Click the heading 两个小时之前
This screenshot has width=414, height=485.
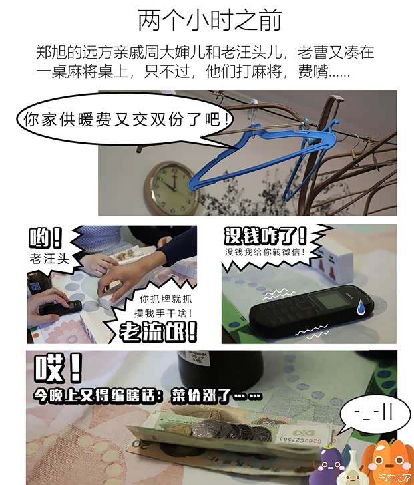(210, 21)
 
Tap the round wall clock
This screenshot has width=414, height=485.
(172, 188)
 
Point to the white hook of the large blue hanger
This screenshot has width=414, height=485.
(254, 111)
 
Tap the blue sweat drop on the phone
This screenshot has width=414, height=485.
(361, 307)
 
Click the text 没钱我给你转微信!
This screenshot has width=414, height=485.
(266, 252)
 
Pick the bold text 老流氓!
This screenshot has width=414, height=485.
(158, 331)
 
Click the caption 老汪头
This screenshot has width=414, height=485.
(49, 259)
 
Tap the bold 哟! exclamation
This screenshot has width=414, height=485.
(45, 238)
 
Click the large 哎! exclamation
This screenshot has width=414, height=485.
(58, 369)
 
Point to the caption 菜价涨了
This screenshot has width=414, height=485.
(216, 395)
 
